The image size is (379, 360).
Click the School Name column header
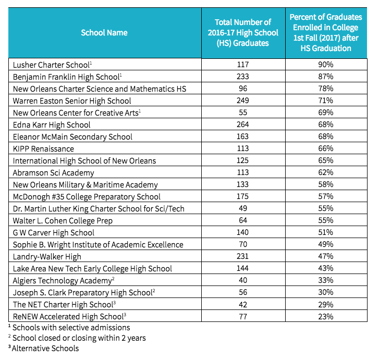(x=104, y=32)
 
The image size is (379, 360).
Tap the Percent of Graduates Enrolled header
(x=326, y=32)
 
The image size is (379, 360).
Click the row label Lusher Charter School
(x=52, y=65)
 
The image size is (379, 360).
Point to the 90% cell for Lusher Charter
(x=326, y=65)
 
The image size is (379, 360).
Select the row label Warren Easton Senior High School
(x=72, y=101)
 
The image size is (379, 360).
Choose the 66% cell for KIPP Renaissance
(x=326, y=148)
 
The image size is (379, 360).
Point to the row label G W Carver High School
(x=54, y=232)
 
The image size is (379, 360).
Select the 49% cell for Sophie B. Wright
(x=326, y=244)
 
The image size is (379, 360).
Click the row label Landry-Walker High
(x=47, y=256)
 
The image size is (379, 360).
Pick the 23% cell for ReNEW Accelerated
(x=326, y=316)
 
